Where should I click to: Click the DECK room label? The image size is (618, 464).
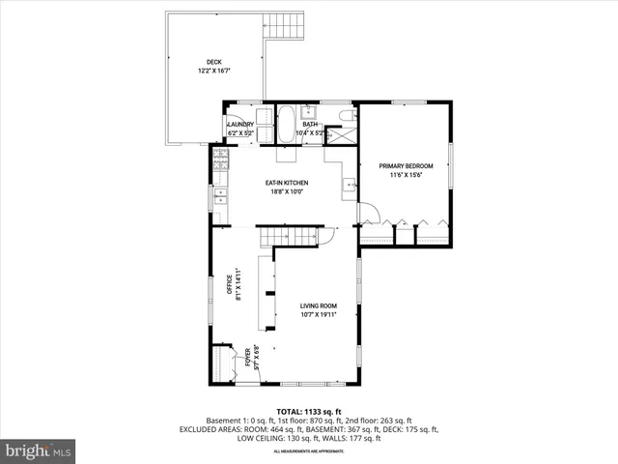213,62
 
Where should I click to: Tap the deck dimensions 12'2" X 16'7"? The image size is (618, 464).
213,71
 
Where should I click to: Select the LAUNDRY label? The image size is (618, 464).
240,125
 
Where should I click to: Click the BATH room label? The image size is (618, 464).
310,125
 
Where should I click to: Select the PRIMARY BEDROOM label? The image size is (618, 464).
406,166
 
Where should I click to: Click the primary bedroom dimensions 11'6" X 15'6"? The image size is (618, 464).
406,175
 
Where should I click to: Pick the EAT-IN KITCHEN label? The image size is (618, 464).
287,183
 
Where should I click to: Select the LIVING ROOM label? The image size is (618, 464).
318,305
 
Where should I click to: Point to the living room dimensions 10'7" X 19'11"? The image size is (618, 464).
318,314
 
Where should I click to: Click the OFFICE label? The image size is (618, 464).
231,286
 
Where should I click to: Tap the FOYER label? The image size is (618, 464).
246,361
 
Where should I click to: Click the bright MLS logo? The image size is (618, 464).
39,450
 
